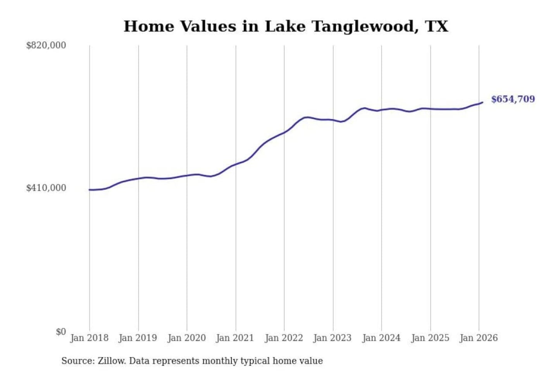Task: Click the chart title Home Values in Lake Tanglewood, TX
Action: [286, 26]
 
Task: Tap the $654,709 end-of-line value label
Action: [513, 99]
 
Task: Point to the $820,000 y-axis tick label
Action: [46, 45]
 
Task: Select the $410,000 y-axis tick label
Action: [46, 188]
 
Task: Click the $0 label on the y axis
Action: [61, 332]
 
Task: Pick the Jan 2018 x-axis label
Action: [89, 338]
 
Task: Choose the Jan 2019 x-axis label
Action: [138, 338]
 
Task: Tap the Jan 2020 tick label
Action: [186, 338]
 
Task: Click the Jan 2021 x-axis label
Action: [235, 338]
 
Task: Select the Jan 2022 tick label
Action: [284, 338]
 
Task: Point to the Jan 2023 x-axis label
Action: [332, 338]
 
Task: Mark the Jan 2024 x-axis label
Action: [381, 338]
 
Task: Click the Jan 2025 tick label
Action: [430, 338]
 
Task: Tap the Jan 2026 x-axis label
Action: [478, 338]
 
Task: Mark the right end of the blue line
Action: [482, 102]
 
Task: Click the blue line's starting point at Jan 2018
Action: [90, 190]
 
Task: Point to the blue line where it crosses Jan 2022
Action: [284, 133]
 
